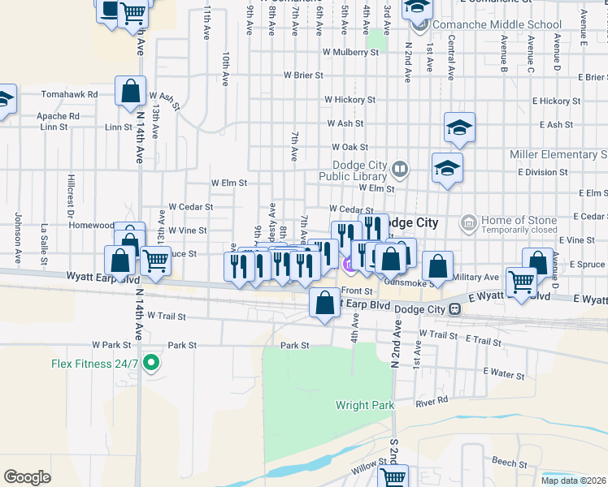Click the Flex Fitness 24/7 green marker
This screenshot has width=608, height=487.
coord(150,363)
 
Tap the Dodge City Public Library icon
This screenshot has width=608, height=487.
coord(399,170)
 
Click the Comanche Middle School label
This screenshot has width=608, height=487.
coord(486,24)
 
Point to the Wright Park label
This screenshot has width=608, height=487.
coord(365,405)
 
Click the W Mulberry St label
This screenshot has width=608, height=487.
coord(350,52)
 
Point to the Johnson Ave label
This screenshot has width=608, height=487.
coord(17,238)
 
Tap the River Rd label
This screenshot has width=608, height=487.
coord(432,401)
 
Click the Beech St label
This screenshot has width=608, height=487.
coord(510,462)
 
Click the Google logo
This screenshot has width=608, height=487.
coord(27,477)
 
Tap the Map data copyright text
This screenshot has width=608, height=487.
coord(573,481)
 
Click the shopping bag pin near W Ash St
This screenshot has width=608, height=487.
coord(130,92)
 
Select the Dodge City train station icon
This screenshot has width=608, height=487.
coord(456,309)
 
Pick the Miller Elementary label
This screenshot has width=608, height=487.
coord(558,154)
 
